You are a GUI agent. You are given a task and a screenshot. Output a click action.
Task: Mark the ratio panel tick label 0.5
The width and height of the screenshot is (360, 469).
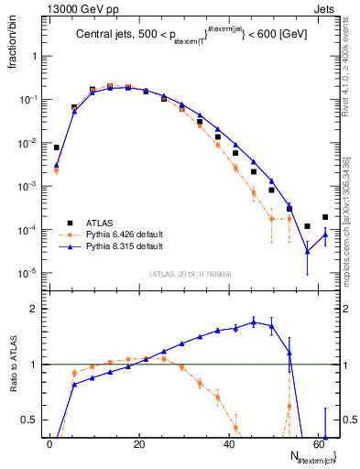pyautogui.click(x=27, y=420)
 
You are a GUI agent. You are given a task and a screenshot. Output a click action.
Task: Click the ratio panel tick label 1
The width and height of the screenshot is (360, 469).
pyautogui.click(x=32, y=365)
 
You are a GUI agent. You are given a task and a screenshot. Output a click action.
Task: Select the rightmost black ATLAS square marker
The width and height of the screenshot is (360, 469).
pyautogui.click(x=325, y=217)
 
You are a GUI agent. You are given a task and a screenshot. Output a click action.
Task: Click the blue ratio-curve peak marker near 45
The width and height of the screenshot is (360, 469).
pyautogui.click(x=254, y=322)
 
